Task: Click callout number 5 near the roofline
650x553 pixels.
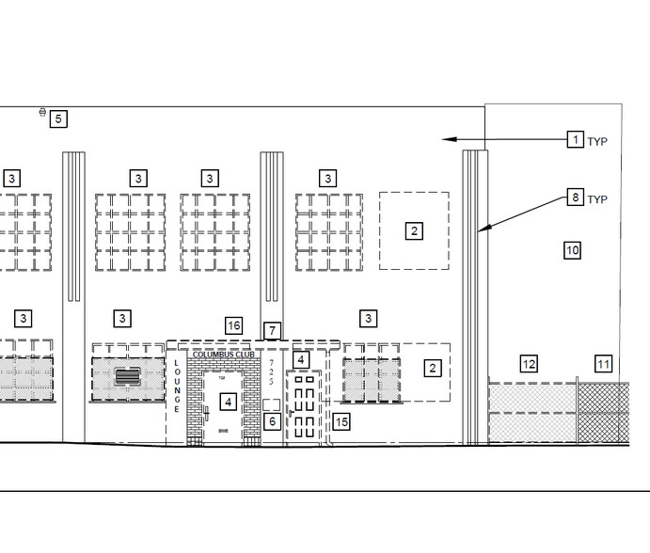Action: click(x=58, y=118)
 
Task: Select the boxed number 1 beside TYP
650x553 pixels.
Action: click(x=575, y=140)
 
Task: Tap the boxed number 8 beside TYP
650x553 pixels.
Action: click(x=575, y=197)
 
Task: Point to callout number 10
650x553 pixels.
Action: click(x=572, y=250)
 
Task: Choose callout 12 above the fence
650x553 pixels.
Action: click(x=529, y=364)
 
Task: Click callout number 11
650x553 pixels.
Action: click(x=603, y=364)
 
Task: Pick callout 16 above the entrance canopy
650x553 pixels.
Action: click(x=233, y=325)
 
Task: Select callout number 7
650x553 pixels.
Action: click(x=272, y=330)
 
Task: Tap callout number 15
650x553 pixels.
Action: click(x=341, y=422)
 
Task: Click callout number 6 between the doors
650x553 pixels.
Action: click(x=272, y=422)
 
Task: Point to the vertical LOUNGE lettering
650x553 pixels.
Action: click(x=176, y=386)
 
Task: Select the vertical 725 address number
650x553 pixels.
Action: click(x=272, y=371)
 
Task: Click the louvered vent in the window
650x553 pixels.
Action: click(x=127, y=377)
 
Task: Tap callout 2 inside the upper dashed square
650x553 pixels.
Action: click(x=414, y=230)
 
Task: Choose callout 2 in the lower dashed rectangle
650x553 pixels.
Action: click(x=433, y=368)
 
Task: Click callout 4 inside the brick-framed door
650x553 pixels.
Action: click(x=228, y=402)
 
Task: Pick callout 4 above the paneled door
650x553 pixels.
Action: click(x=300, y=359)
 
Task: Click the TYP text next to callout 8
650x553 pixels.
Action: click(x=597, y=199)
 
